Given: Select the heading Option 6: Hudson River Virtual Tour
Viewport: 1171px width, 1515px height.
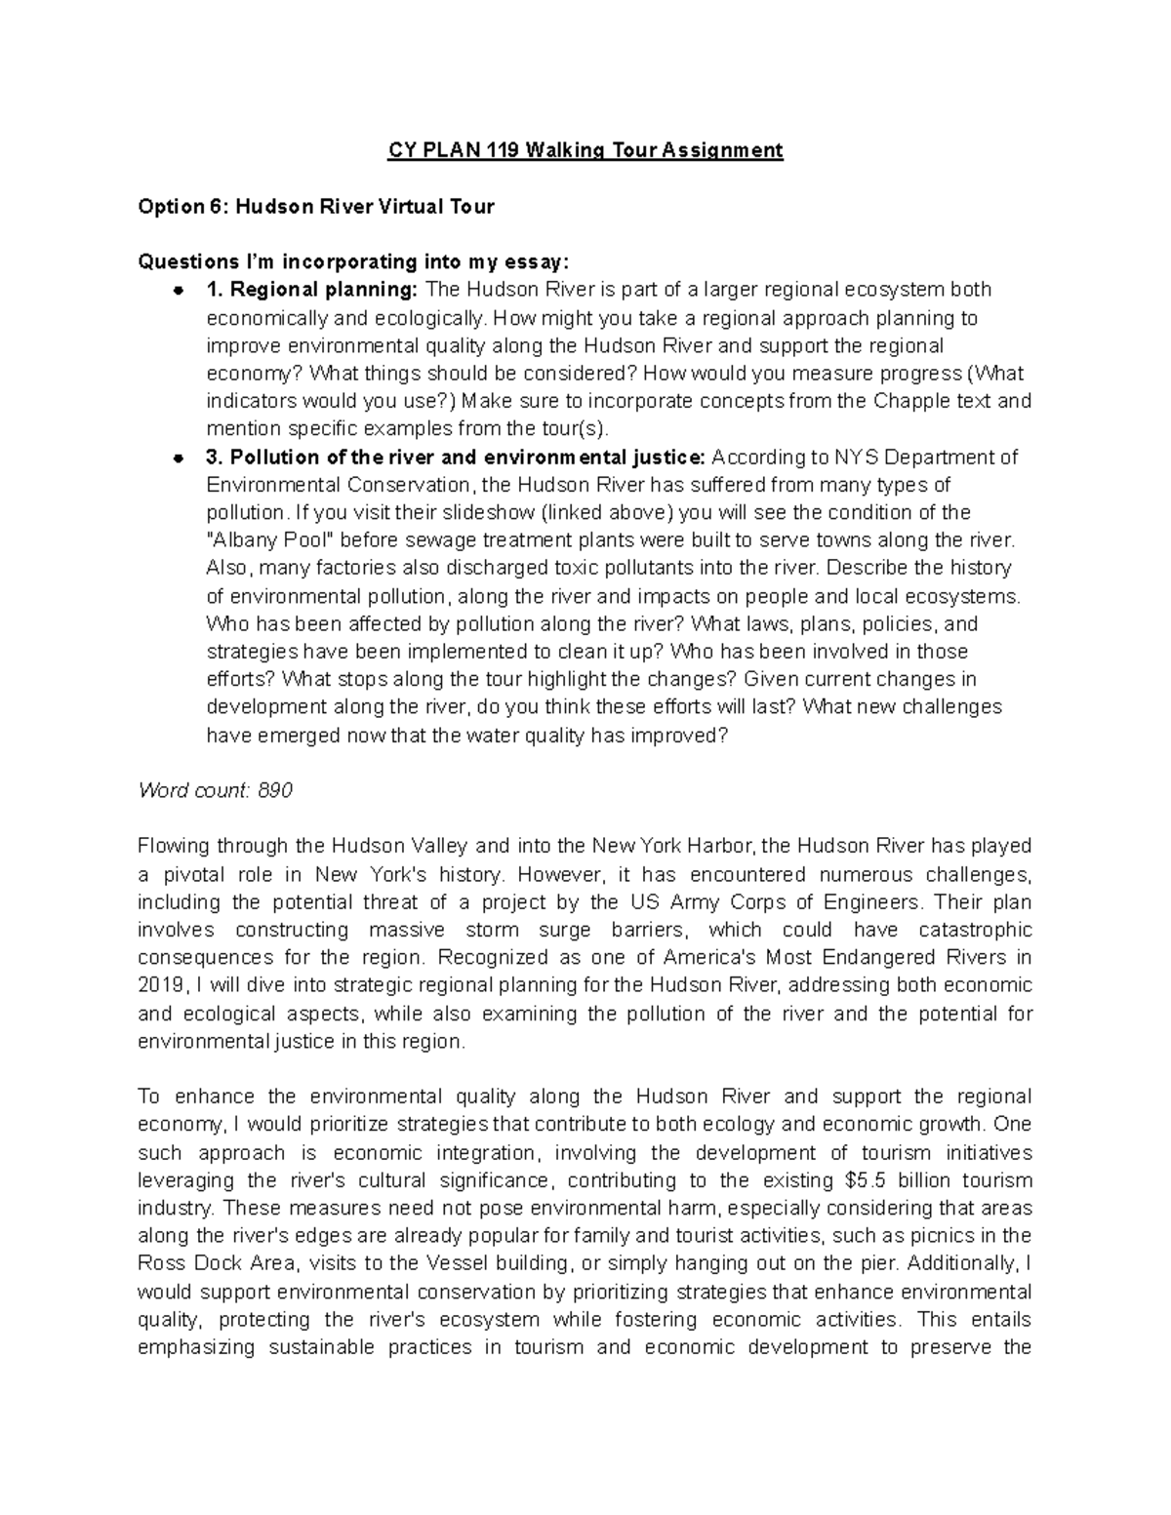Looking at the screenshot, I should point(316,206).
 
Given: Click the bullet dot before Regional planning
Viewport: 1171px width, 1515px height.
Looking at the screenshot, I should point(178,291).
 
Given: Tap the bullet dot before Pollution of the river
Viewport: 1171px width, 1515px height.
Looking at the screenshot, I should point(178,458).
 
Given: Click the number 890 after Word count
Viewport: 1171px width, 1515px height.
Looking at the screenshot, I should point(274,790).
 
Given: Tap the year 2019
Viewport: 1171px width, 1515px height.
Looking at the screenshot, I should point(158,985).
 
